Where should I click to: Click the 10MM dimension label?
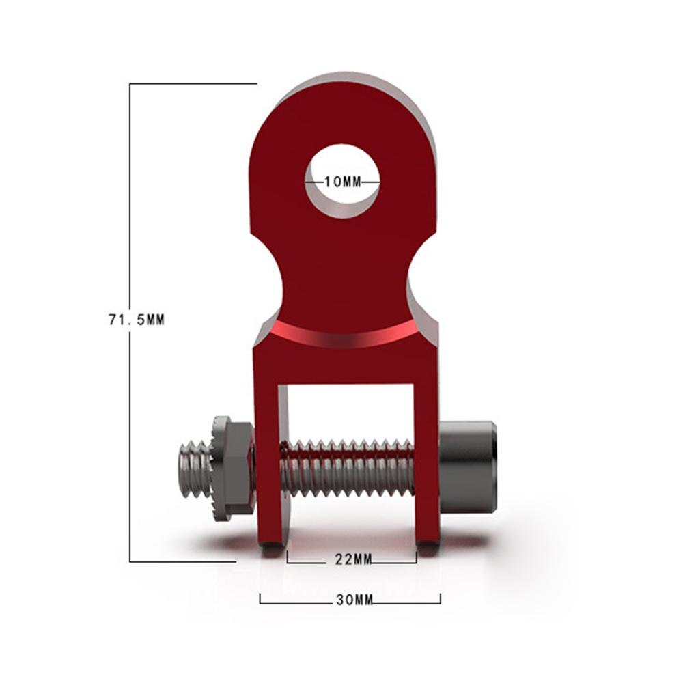click(342, 182)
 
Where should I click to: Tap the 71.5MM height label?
click(137, 319)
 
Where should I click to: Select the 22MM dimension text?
click(353, 560)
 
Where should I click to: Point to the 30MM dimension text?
click(354, 600)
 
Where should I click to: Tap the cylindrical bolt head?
click(467, 467)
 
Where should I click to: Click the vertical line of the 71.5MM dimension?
click(130, 410)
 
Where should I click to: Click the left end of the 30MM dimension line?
click(260, 600)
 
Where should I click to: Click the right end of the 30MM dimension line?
click(441, 600)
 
